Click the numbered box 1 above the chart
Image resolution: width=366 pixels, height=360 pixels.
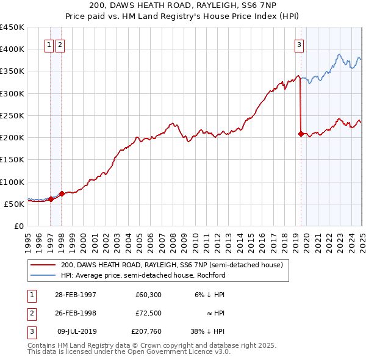coord(48,44)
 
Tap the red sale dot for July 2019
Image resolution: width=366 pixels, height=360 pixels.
coord(300,134)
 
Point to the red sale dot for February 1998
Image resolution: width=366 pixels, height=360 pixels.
coord(62,193)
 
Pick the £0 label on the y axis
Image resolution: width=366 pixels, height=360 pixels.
coord(19,226)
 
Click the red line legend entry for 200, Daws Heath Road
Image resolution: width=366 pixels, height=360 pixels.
coord(171,265)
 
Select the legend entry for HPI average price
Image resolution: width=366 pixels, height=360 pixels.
coord(143,275)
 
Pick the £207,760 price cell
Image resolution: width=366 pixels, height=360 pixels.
coord(145,331)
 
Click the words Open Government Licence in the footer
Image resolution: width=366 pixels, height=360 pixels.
coord(174,351)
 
